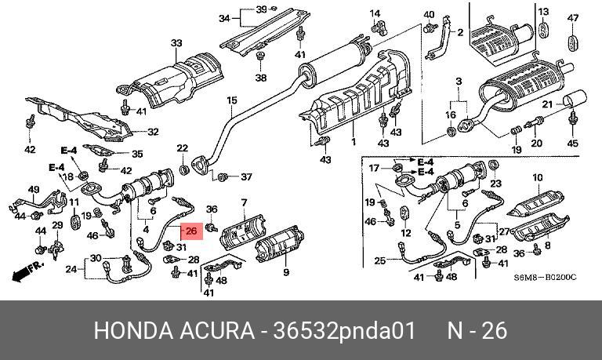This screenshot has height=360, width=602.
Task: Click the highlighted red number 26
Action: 191,231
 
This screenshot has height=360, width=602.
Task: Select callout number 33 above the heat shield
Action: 176,43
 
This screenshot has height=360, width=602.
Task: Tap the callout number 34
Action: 224,17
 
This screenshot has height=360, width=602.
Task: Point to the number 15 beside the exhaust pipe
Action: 231,100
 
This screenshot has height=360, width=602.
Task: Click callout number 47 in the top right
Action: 572,18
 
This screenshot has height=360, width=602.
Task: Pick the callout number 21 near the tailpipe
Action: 548,104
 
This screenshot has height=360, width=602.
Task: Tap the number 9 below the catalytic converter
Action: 286,272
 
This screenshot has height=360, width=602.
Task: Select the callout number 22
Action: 182,148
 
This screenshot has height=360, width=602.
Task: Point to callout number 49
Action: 34,190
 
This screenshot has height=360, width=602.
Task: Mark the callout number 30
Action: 96,258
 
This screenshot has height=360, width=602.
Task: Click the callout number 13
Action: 543,10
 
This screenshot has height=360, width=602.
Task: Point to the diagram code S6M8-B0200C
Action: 545,278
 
